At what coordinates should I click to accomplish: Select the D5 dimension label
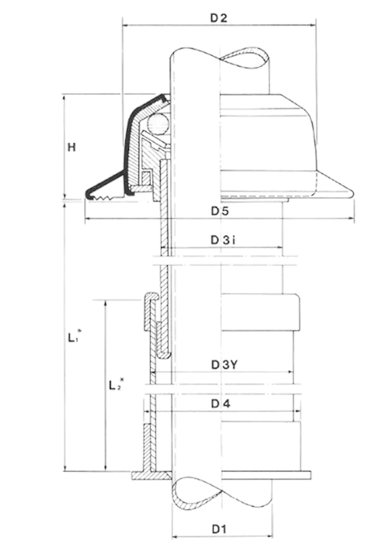pyautogui.click(x=220, y=211)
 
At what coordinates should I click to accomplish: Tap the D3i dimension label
pyautogui.click(x=224, y=240)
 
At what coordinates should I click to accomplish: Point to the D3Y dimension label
pyautogui.click(x=224, y=365)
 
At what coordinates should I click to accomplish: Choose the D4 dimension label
pyautogui.click(x=221, y=403)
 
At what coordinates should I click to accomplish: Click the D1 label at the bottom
pyautogui.click(x=219, y=529)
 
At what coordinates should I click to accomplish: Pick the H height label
pyautogui.click(x=72, y=147)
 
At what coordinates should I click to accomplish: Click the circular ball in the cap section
pyautogui.click(x=158, y=124)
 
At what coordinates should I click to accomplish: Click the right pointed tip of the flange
pyautogui.click(x=354, y=193)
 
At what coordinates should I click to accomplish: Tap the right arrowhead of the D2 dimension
pyautogui.click(x=313, y=25)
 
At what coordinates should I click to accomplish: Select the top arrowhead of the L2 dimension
pyautogui.click(x=105, y=304)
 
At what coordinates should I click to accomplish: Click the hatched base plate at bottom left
pyautogui.click(x=151, y=475)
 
